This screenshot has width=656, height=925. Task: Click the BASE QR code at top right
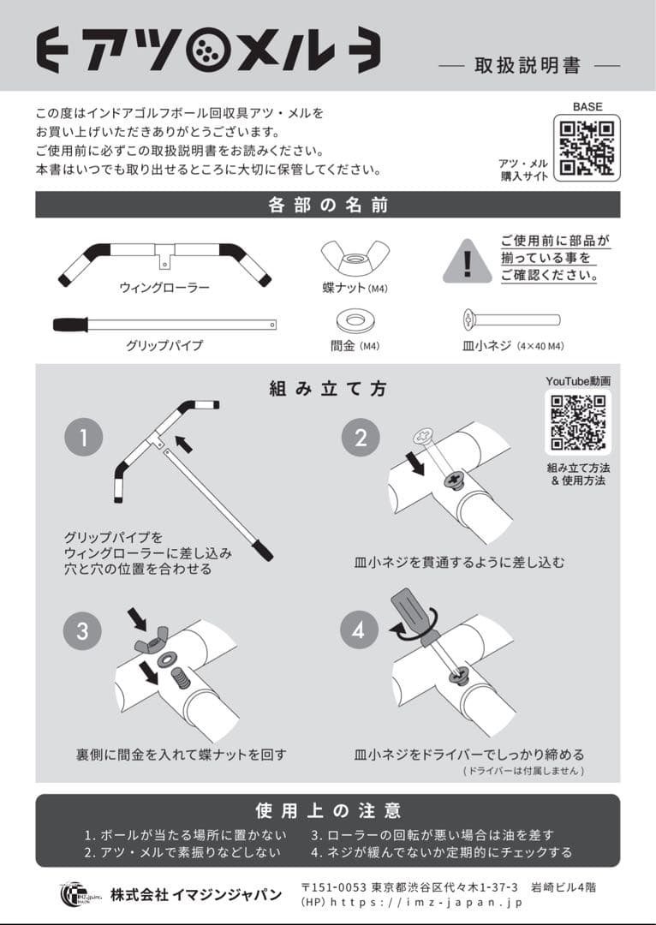(x=587, y=147)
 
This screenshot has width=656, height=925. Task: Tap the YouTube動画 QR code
(x=578, y=422)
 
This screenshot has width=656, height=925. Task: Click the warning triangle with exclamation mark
(x=467, y=261)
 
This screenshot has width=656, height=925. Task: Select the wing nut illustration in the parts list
(x=355, y=258)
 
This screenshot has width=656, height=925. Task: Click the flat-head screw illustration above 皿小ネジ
(x=511, y=320)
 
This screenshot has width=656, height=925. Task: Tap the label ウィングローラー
(x=164, y=288)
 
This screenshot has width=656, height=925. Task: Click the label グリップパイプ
(x=164, y=346)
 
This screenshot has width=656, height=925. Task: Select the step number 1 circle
(x=83, y=438)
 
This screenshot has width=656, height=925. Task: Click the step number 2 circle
(x=360, y=438)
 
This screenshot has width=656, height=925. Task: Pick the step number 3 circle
(x=83, y=631)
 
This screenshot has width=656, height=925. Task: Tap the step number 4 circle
(x=360, y=631)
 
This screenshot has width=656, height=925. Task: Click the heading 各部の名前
(x=328, y=206)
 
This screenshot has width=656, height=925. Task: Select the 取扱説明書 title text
(x=528, y=66)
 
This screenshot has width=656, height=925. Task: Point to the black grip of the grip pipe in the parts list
(x=70, y=325)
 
